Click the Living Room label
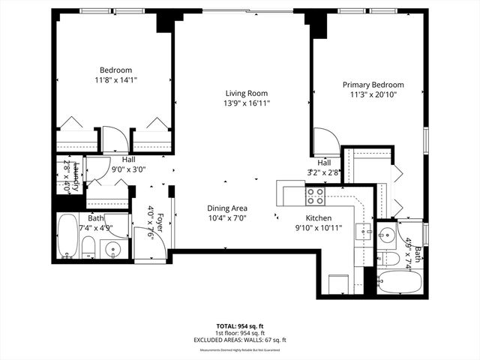[247, 93]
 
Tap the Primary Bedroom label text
[373, 85]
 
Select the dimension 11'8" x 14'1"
[115, 79]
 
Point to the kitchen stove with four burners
[315, 196]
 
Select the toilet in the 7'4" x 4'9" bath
[88, 247]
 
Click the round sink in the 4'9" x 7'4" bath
[387, 233]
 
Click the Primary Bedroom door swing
[325, 142]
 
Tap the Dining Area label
[227, 208]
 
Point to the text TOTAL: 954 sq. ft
[239, 326]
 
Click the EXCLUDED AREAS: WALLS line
[239, 340]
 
